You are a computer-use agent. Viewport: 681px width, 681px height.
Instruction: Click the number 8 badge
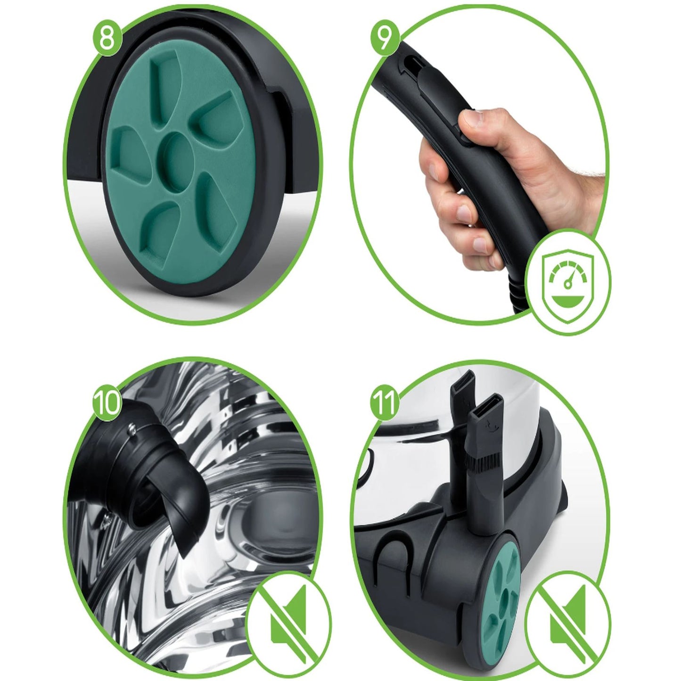click(x=107, y=39)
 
